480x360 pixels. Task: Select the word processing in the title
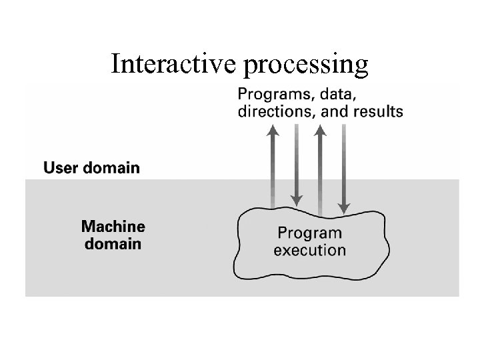pos(307,65)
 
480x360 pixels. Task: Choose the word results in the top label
pos(377,111)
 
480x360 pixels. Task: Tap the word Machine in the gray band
pos(113,226)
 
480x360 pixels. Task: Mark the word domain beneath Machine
pos(113,243)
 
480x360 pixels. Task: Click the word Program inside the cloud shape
pos(309,233)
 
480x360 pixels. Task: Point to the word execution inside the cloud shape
pos(309,251)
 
